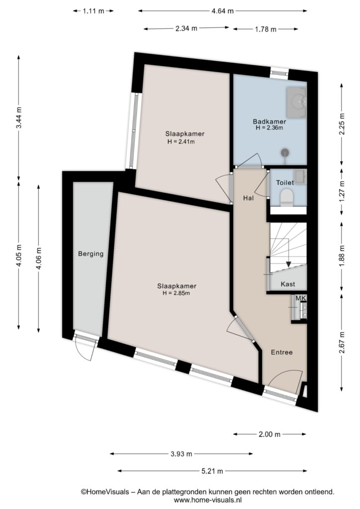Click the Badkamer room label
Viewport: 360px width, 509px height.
tap(270, 122)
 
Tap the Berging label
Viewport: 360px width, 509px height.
tap(91, 254)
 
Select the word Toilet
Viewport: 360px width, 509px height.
tap(285, 183)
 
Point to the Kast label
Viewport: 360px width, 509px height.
tap(288, 284)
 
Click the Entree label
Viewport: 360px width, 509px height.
tap(282, 352)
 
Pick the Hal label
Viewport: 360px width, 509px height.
tap(249, 198)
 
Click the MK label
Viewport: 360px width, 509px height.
tap(301, 298)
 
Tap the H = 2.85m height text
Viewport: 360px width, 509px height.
tap(176, 293)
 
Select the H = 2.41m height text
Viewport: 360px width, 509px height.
tap(181, 141)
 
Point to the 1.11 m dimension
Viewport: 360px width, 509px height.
tap(93, 11)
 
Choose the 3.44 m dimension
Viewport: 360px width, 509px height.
tap(19, 117)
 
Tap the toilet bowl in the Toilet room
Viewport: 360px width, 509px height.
tap(286, 197)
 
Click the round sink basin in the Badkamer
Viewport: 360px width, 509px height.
tap(298, 101)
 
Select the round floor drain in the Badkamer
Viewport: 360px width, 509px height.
tap(285, 152)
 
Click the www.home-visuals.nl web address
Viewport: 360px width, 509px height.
tap(207, 500)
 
